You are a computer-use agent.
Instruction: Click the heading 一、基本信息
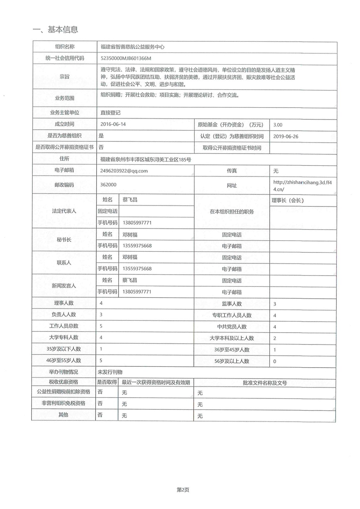[x=55, y=30]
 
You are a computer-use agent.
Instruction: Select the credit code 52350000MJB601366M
[x=126, y=58]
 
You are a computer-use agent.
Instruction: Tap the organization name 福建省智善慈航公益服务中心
[x=132, y=47]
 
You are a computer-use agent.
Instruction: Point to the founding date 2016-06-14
[x=113, y=124]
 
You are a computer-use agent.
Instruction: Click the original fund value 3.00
[x=278, y=125]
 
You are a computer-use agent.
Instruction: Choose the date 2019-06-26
[x=286, y=136]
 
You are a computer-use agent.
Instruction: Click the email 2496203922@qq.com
[x=124, y=171]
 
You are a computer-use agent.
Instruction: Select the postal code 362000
[x=108, y=185]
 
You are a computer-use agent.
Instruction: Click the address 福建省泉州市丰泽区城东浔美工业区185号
[x=145, y=159]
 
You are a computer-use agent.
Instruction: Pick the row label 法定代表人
[x=64, y=211]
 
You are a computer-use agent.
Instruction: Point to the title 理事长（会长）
[x=287, y=200]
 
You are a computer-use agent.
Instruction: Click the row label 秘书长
[x=64, y=240]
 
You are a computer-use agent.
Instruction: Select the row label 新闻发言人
[x=64, y=286]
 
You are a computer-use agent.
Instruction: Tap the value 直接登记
[x=110, y=113]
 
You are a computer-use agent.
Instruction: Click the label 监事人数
[x=231, y=304]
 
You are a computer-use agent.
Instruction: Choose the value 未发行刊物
[x=110, y=372]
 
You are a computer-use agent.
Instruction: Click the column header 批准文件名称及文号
[x=265, y=383]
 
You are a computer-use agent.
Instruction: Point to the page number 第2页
[x=183, y=490]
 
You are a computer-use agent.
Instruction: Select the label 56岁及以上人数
[x=231, y=361]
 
